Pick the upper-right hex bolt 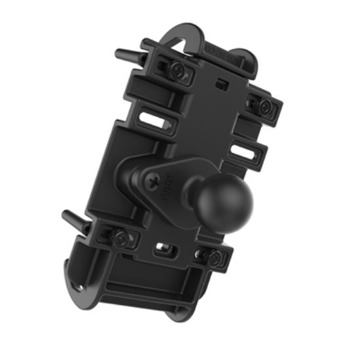(x=264, y=105)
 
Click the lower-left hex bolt (x=120, y=238)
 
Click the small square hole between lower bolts (x=162, y=250)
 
